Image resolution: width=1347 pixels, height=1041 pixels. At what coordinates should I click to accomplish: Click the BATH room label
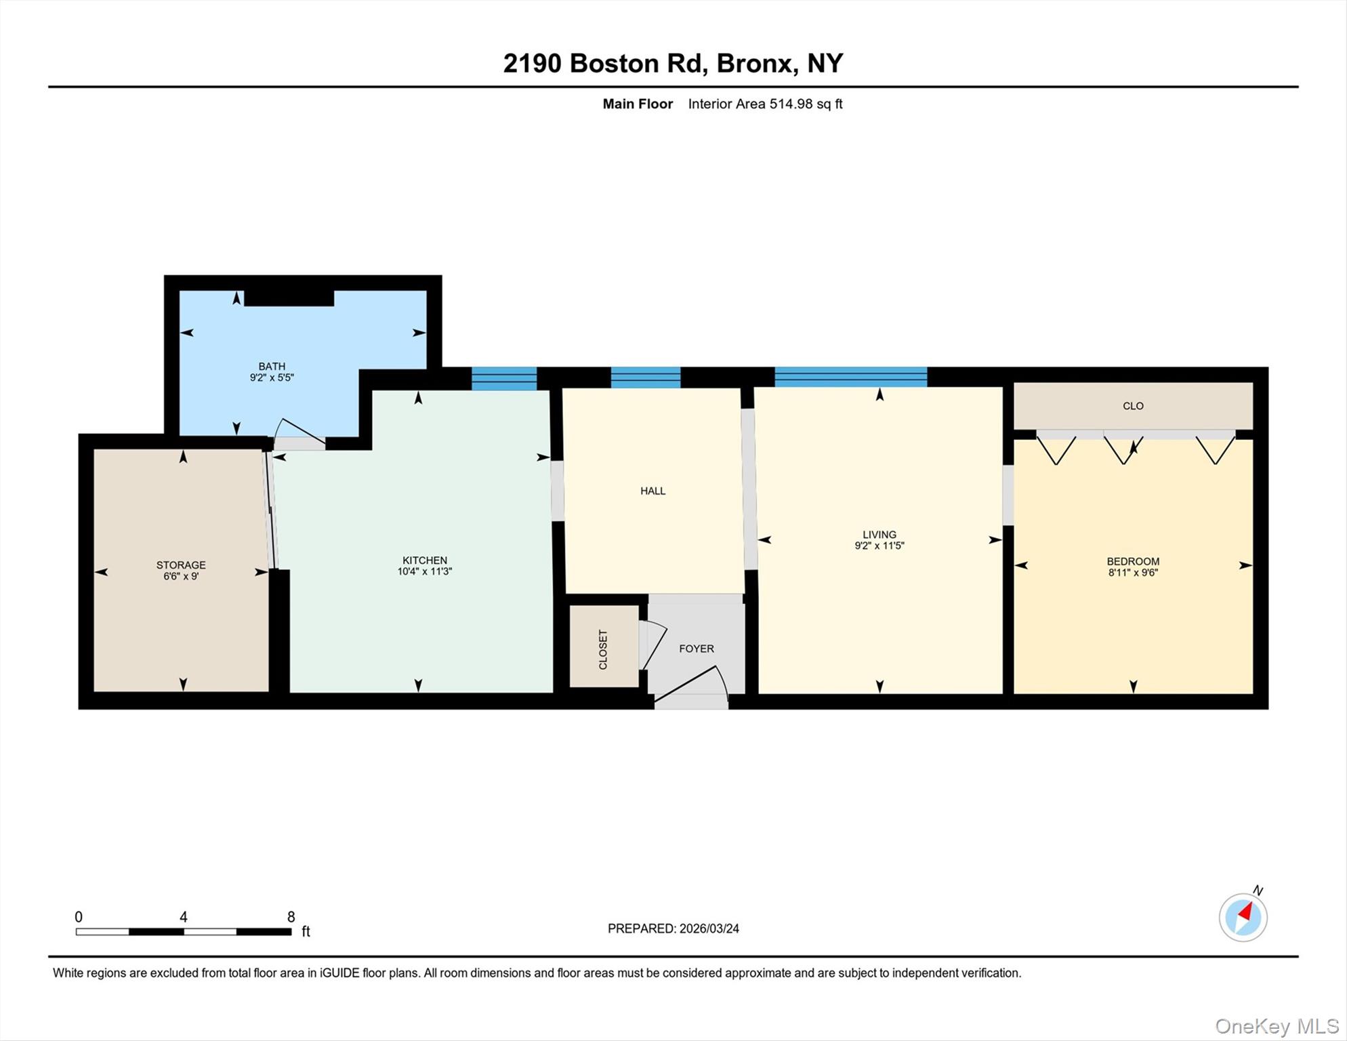[271, 367]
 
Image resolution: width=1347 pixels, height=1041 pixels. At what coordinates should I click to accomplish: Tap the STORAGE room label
[181, 565]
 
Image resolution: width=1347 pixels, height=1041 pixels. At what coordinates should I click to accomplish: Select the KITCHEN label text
[425, 560]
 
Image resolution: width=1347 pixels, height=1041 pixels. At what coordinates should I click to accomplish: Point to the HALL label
[653, 491]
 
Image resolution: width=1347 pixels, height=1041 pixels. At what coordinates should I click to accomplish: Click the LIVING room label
[879, 535]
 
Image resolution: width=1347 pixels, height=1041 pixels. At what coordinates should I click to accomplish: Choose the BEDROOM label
[1133, 561]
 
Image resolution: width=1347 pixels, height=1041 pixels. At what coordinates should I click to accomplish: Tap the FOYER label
[697, 649]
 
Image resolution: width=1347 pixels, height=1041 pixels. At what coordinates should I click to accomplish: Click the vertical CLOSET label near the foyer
[603, 650]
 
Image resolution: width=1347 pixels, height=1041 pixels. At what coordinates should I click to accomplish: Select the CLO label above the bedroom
[1133, 406]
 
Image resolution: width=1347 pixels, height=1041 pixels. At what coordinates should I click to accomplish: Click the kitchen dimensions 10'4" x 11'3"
[425, 571]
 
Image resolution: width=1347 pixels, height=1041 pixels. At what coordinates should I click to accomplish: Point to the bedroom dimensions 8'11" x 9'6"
[1133, 573]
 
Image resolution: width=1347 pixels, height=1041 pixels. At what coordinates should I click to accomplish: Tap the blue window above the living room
[850, 376]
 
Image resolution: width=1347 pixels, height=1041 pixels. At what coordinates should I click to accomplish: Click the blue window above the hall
[645, 377]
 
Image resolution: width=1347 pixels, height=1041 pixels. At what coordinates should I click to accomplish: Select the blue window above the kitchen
[504, 378]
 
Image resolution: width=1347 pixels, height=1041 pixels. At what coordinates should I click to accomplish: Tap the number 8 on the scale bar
[291, 917]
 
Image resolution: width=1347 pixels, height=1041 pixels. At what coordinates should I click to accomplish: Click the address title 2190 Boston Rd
[673, 63]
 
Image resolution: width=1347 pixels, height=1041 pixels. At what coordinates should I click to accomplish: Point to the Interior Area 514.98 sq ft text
[765, 104]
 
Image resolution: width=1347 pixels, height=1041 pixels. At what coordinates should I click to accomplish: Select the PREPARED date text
[673, 928]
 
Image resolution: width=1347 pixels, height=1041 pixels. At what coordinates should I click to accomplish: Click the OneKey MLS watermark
[1277, 1026]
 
